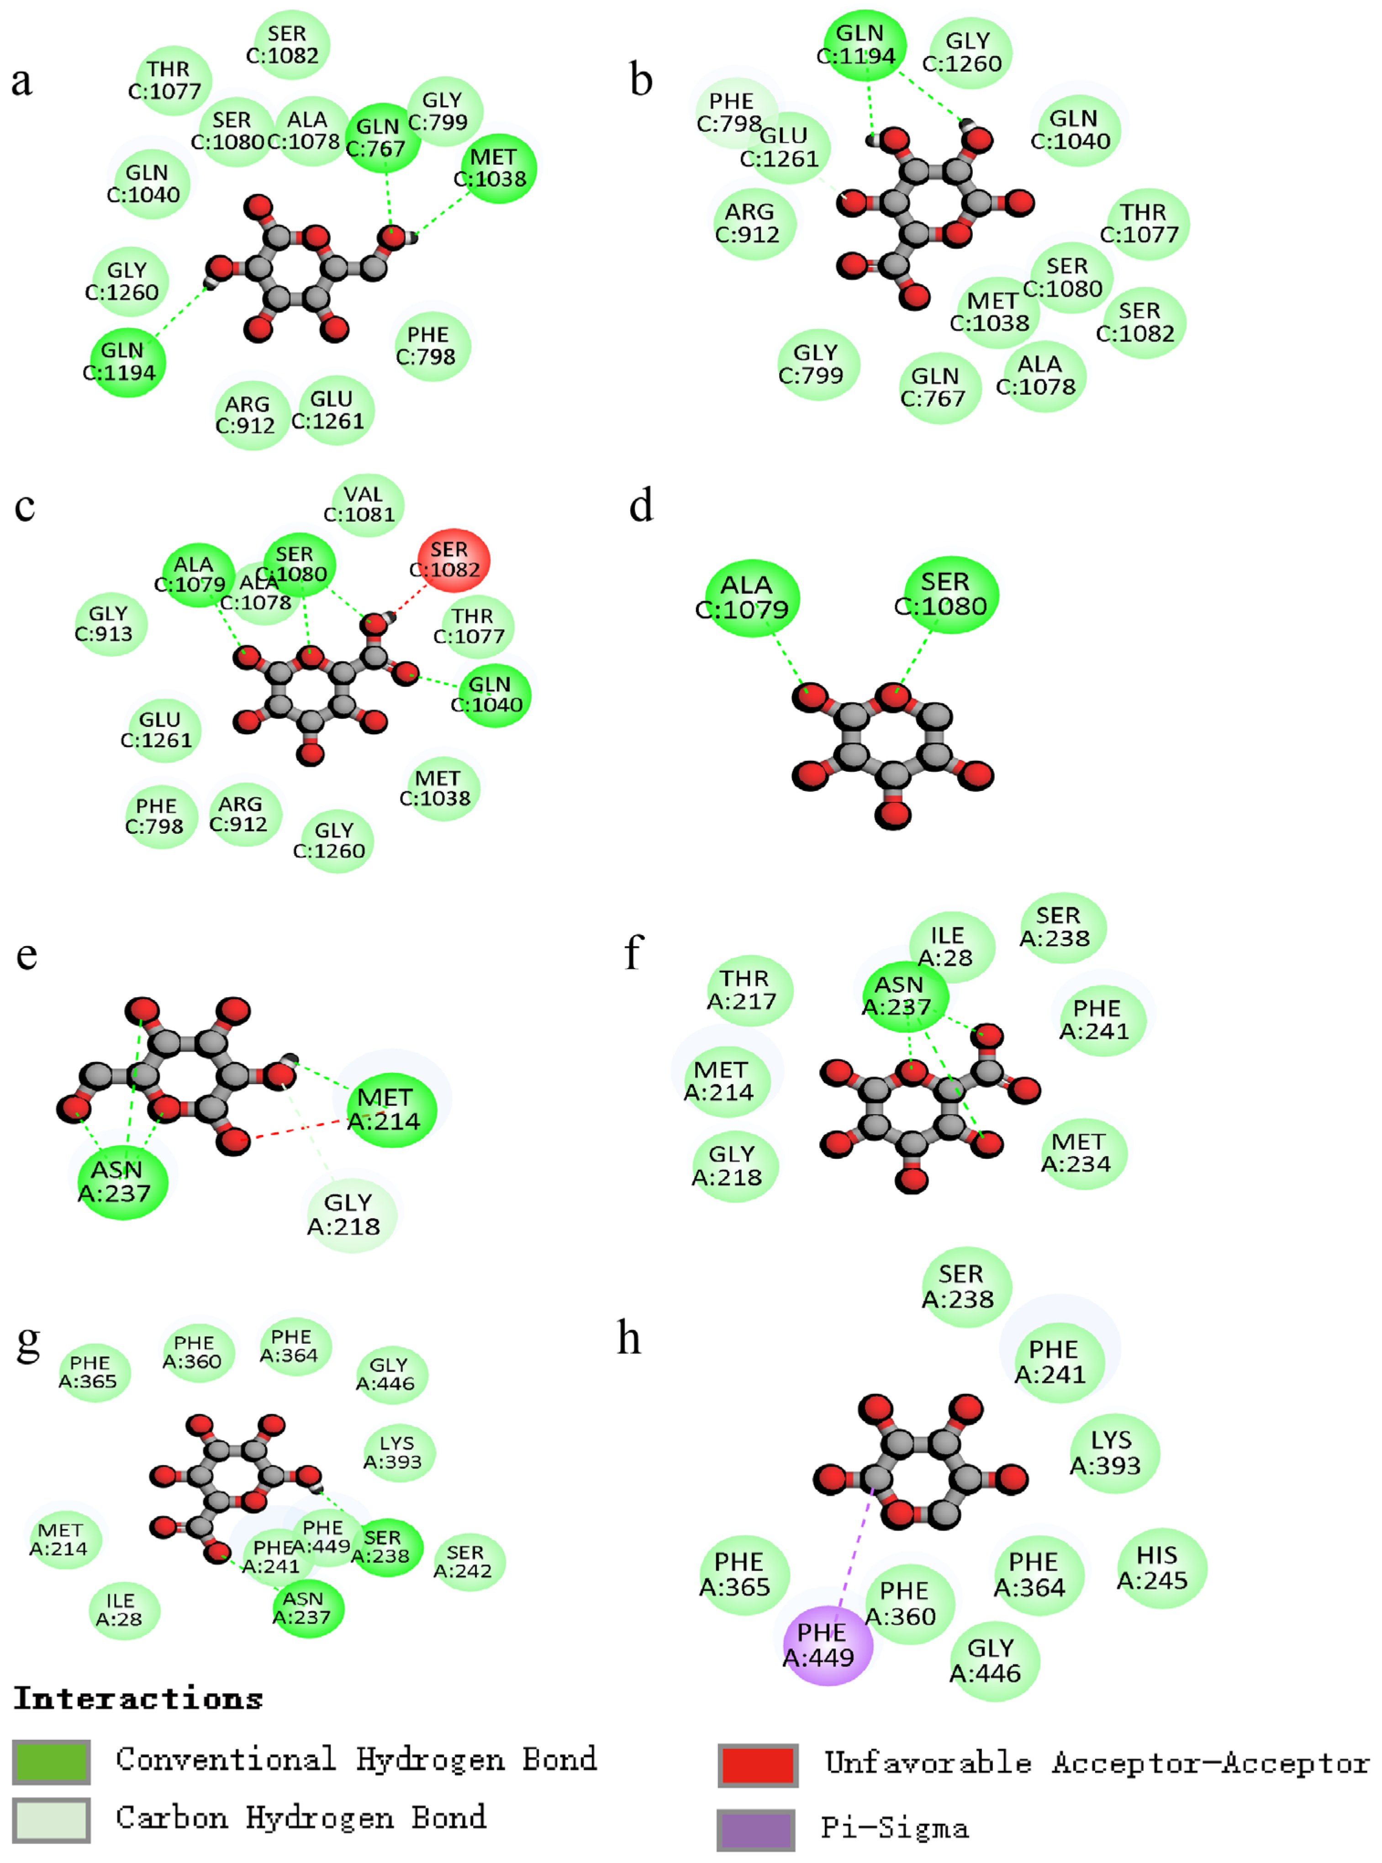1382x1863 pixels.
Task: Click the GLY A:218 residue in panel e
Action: coord(350,1214)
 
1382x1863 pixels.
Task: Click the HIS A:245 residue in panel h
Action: coord(1161,1568)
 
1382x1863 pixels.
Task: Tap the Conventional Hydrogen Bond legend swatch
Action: coord(51,1762)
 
